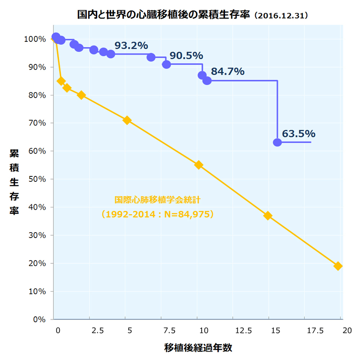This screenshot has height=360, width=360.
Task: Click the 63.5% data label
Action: pos(298,134)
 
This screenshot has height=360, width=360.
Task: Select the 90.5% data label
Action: pos(186,56)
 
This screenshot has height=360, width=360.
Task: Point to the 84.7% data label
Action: pos(227,71)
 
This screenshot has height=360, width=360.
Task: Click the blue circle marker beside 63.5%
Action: pos(277,142)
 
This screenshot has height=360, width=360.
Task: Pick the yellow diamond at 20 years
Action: pos(338,266)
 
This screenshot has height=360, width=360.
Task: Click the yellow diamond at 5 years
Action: pos(127,120)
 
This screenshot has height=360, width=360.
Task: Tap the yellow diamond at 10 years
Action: pos(198,165)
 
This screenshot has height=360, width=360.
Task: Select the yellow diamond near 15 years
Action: pos(268,216)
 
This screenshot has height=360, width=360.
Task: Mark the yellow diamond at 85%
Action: pos(61,81)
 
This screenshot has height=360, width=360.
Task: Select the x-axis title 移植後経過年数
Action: pos(198,348)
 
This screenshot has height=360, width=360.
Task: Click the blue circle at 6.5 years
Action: pos(151,57)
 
